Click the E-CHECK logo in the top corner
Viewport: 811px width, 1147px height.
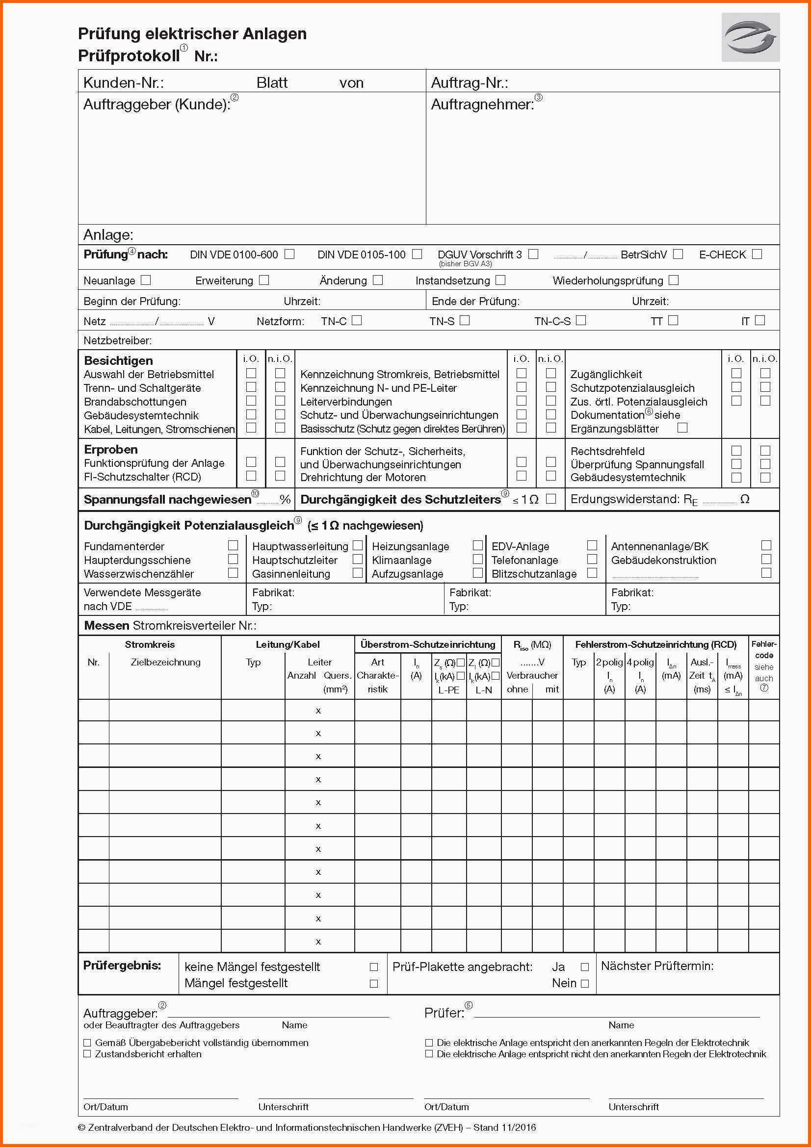pyautogui.click(x=750, y=37)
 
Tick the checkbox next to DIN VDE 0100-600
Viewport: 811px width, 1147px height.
pyautogui.click(x=289, y=254)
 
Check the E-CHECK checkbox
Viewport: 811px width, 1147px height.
pyautogui.click(x=757, y=254)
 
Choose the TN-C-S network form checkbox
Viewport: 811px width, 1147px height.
pyautogui.click(x=580, y=320)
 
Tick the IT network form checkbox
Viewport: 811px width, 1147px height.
pyautogui.click(x=760, y=320)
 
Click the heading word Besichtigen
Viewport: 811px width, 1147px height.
pyautogui.click(x=118, y=361)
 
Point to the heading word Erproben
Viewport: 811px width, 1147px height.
pyautogui.click(x=111, y=449)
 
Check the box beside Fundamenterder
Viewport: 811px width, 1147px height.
pyautogui.click(x=233, y=545)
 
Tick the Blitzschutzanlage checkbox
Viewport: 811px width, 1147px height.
pyautogui.click(x=592, y=573)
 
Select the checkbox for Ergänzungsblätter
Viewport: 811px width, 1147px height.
pyautogui.click(x=682, y=428)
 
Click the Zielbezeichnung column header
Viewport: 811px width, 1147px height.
pyautogui.click(x=165, y=663)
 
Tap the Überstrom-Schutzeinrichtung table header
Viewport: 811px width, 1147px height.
pyautogui.click(x=428, y=644)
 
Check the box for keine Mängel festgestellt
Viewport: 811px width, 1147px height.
pyautogui.click(x=373, y=967)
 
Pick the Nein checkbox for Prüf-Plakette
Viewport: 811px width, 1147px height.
pyautogui.click(x=585, y=984)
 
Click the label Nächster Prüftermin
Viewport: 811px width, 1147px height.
pyautogui.click(x=657, y=966)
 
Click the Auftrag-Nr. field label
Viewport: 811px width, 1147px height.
pyautogui.click(x=470, y=83)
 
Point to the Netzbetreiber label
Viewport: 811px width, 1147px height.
pyautogui.click(x=118, y=341)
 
